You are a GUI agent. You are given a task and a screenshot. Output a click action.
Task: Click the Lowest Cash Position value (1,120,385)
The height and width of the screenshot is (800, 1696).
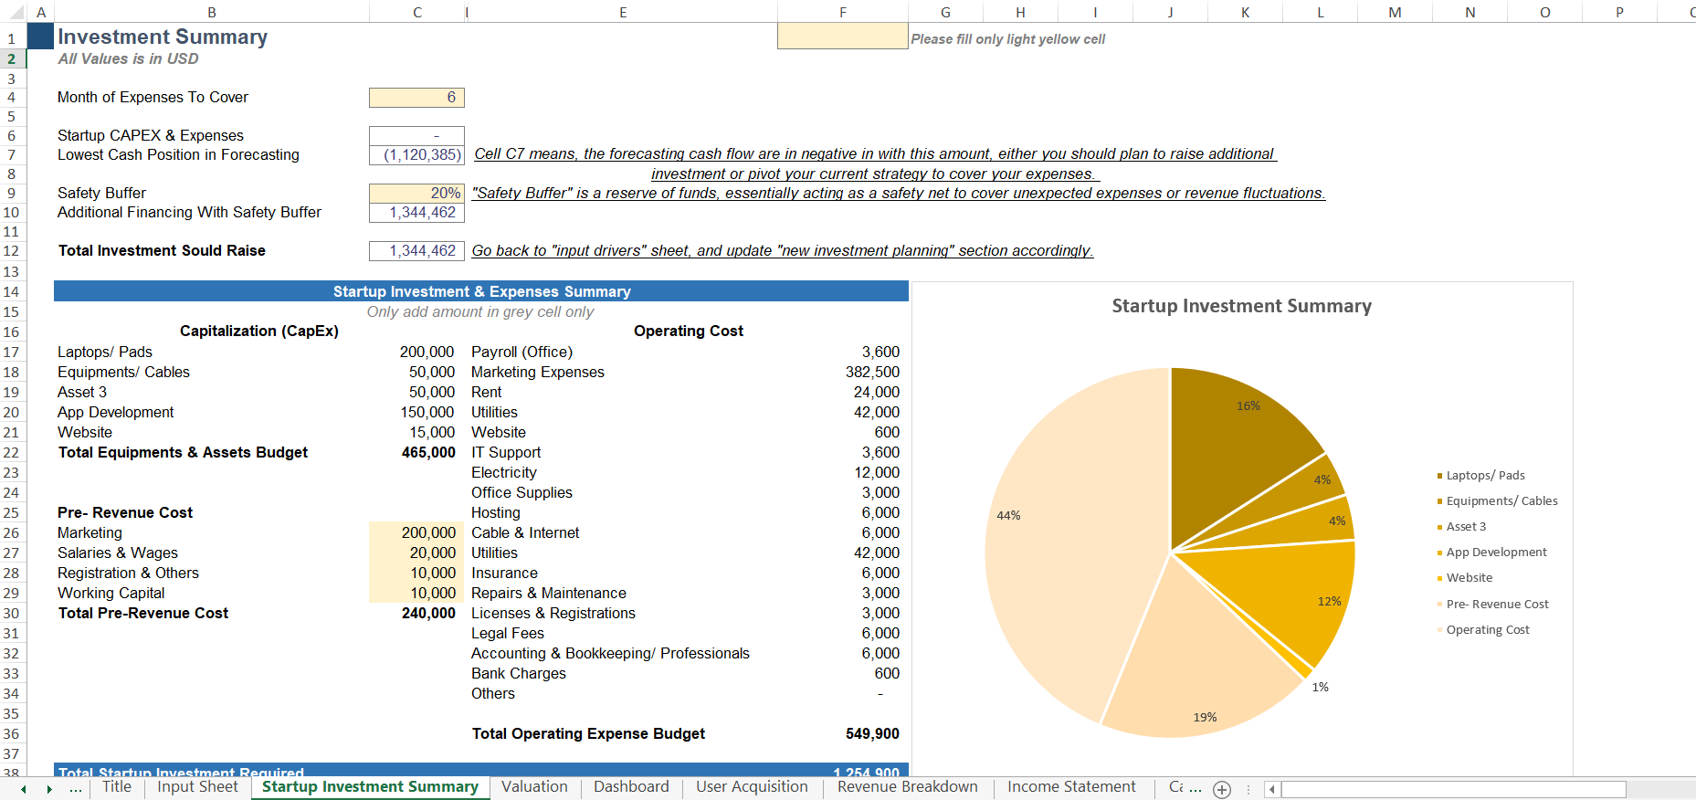click(417, 155)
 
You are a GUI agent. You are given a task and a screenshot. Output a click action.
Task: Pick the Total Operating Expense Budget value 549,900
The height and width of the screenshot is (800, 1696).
click(871, 734)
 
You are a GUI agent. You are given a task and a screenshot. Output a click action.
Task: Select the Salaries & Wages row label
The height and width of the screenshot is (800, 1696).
click(118, 553)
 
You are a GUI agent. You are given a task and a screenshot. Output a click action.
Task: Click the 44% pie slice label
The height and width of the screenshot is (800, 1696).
click(1008, 516)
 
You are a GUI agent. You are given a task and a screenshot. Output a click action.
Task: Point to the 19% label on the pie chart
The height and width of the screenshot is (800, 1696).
click(1205, 718)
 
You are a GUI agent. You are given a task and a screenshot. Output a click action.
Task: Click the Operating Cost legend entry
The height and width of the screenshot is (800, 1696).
click(1487, 630)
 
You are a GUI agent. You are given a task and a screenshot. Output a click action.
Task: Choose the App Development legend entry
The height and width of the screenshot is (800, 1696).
click(1496, 553)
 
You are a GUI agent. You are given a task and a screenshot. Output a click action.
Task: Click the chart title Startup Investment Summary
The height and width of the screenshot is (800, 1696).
click(1241, 307)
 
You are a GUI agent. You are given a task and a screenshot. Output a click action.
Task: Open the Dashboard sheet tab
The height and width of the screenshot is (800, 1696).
click(631, 787)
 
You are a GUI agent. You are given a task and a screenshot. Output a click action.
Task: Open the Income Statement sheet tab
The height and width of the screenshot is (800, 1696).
click(1071, 787)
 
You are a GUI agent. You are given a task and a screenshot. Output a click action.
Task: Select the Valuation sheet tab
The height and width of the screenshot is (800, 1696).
click(534, 787)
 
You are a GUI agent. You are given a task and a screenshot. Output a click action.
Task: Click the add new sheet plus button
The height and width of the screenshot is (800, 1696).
click(1222, 790)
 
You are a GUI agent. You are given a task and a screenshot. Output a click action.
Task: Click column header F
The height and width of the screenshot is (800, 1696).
click(842, 12)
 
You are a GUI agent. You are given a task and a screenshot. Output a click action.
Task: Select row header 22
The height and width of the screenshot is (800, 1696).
click(11, 453)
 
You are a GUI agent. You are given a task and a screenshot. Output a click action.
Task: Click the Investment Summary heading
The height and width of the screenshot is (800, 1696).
click(163, 37)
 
